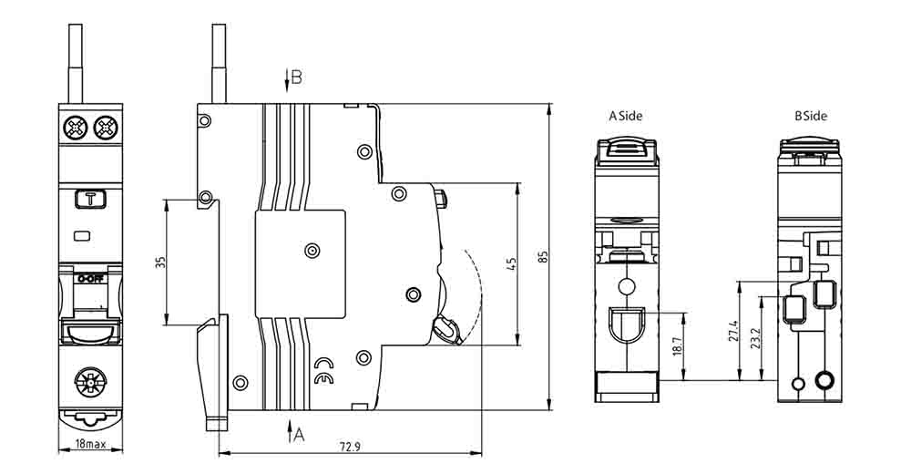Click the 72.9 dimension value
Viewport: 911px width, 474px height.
350,446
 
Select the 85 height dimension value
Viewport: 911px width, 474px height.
543,257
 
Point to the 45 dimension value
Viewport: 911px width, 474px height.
511,264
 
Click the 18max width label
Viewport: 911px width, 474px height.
90,444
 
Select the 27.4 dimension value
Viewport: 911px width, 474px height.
732,331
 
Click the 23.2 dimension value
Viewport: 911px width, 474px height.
754,338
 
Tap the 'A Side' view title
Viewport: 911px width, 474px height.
626,116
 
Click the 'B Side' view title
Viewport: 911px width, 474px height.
811,116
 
